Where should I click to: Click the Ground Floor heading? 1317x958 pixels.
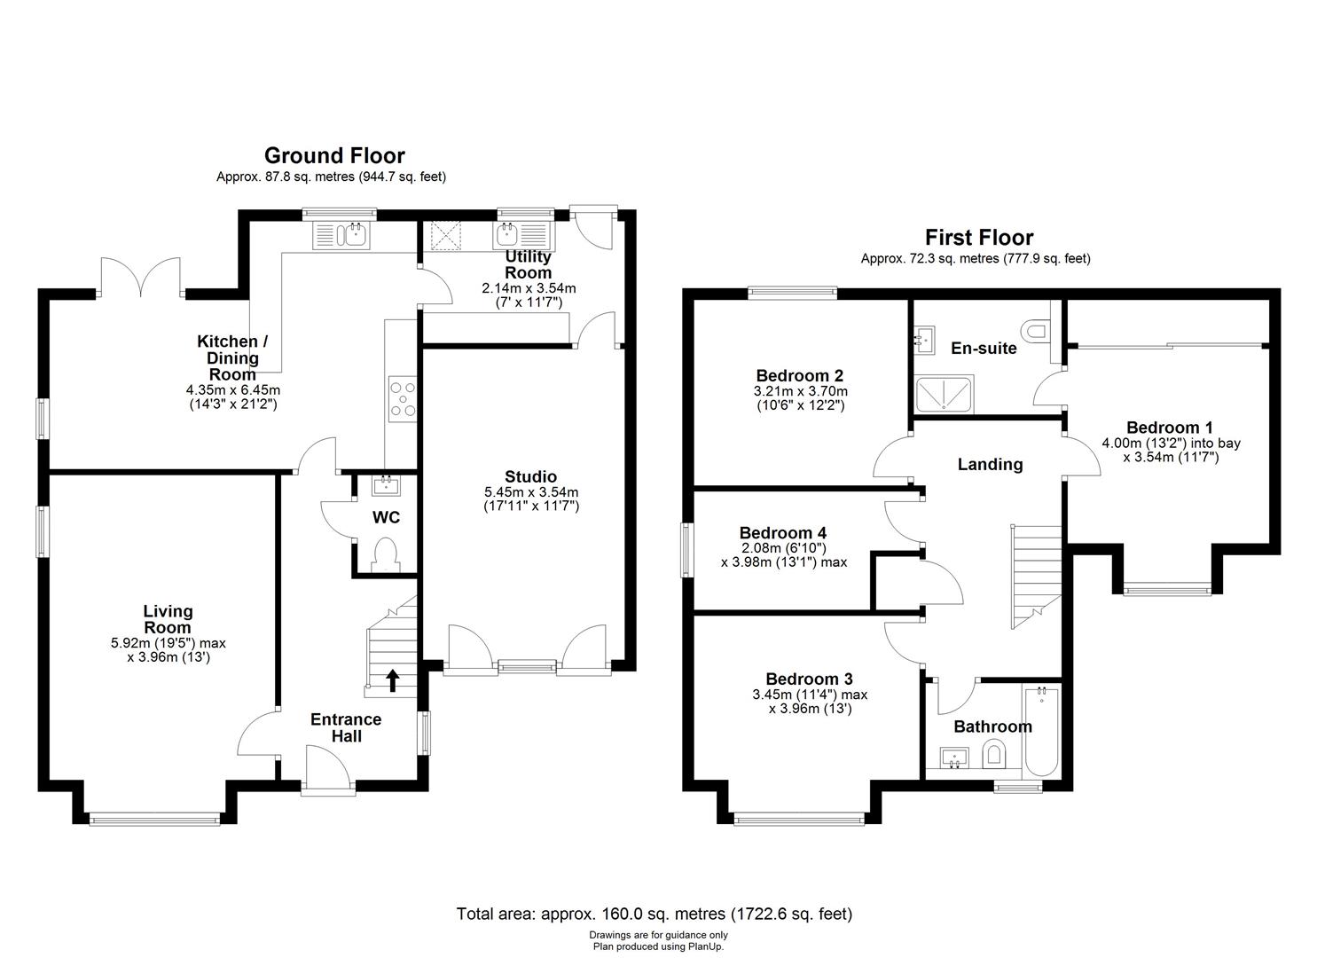(x=334, y=156)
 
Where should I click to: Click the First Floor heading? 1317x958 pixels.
(x=979, y=238)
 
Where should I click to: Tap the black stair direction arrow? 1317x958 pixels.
(x=392, y=680)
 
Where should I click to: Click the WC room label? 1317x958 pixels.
(x=387, y=517)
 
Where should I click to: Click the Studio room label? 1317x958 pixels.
(x=530, y=477)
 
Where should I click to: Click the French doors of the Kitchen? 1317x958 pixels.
(x=143, y=277)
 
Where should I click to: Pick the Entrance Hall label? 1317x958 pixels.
(x=346, y=727)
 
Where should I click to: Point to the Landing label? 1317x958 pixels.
(x=990, y=464)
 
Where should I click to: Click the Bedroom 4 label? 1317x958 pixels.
(x=783, y=533)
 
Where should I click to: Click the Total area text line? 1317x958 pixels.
(x=654, y=914)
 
